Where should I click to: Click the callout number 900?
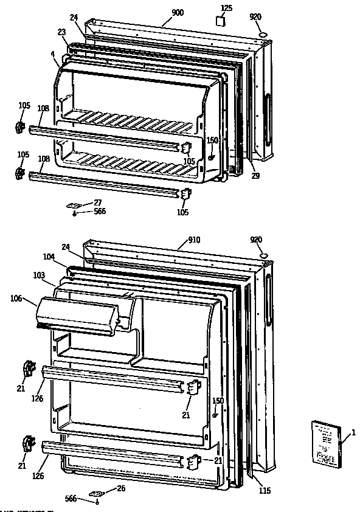pyautogui.click(x=178, y=13)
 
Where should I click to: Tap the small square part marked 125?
pyautogui.click(x=221, y=20)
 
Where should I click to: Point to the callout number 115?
pyautogui.click(x=264, y=491)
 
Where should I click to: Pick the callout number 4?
pyautogui.click(x=53, y=54)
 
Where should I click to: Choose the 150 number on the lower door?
pyautogui.click(x=218, y=401)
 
